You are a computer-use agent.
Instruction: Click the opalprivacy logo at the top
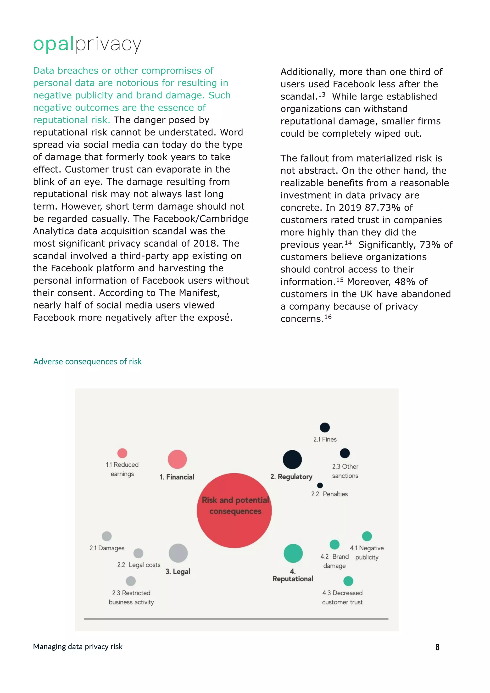(x=87, y=44)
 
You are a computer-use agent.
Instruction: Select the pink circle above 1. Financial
(x=177, y=459)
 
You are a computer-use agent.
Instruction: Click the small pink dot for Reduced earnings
(x=122, y=453)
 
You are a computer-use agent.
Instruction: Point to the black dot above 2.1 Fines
(x=325, y=427)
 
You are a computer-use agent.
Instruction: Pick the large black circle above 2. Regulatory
(x=292, y=459)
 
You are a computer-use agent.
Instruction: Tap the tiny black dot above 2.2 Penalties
(x=320, y=485)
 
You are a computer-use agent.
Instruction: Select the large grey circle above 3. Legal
(x=178, y=553)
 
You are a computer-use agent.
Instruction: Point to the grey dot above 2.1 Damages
(x=106, y=536)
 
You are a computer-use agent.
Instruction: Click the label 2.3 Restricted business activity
(x=131, y=597)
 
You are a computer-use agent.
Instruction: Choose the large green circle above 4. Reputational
(x=293, y=553)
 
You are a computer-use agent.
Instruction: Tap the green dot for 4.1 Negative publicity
(x=367, y=536)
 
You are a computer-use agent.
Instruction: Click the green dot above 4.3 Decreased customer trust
(x=348, y=581)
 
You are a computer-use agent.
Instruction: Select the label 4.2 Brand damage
(x=334, y=561)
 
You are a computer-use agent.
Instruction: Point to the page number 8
(x=437, y=647)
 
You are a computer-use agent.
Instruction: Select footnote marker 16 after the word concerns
(x=328, y=317)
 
